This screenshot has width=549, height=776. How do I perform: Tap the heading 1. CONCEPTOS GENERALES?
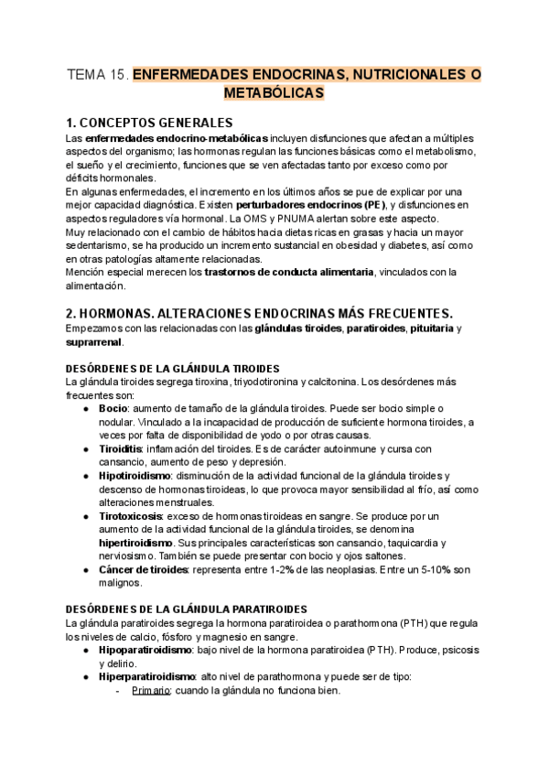click(149, 122)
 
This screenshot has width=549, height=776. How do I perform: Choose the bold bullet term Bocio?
click(113, 407)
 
